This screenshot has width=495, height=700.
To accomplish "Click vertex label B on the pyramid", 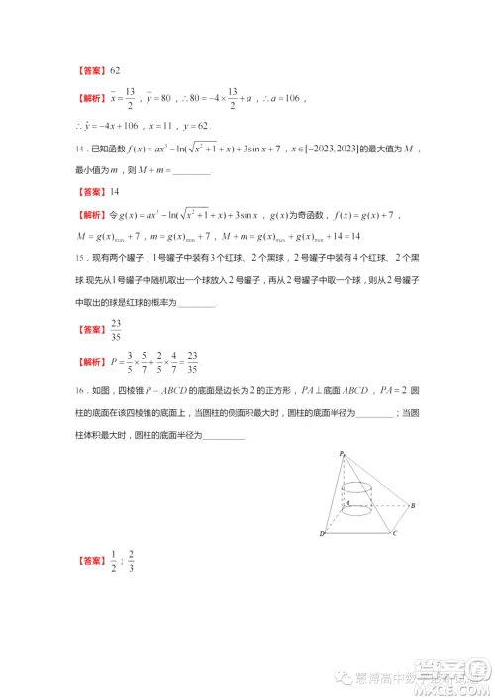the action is (412, 506).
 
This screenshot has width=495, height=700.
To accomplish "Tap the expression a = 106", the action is (288, 98).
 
